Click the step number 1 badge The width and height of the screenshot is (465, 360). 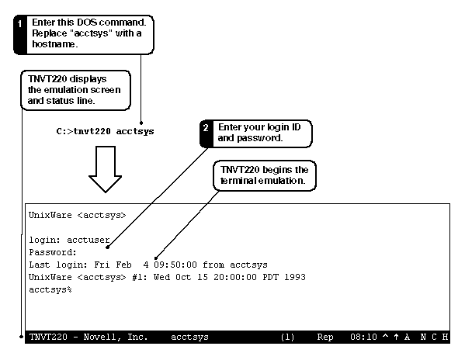tap(19, 24)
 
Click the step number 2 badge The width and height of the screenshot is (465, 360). tap(206, 128)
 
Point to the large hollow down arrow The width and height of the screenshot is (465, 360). tap(106, 169)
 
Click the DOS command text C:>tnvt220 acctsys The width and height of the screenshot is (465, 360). tap(105, 131)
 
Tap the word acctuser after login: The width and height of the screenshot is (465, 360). tap(88, 240)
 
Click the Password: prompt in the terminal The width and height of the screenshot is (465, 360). tap(53, 252)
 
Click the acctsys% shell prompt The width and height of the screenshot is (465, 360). tap(50, 289)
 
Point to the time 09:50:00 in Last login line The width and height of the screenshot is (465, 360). tap(175, 265)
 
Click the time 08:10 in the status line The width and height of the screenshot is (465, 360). tap(363, 337)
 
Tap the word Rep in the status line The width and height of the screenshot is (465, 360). tap(325, 337)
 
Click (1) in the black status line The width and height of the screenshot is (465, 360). tap(287, 337)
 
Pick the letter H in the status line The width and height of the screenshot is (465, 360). tap(445, 337)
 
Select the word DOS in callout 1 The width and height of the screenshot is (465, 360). tap(87, 22)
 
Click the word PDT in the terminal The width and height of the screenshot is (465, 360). tap(270, 277)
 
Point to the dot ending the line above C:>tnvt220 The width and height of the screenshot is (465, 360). tap(141, 123)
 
